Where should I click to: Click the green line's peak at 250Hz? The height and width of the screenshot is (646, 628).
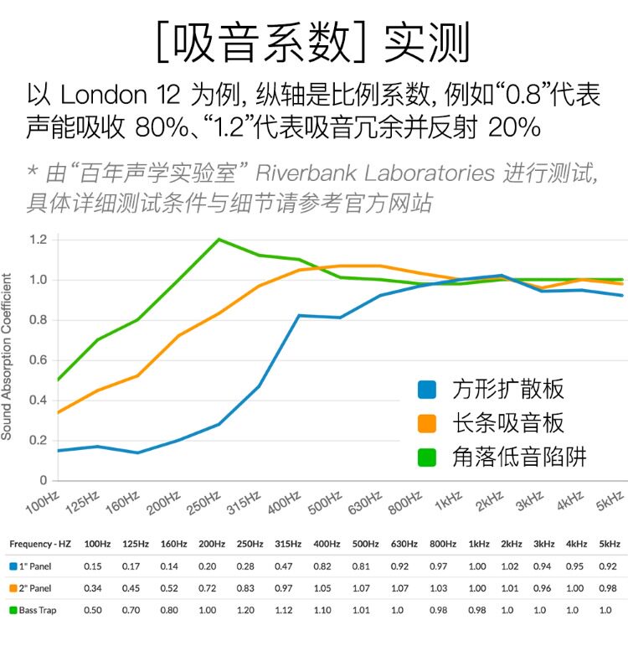tap(219, 240)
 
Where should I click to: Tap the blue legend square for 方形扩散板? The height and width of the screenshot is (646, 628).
tap(427, 389)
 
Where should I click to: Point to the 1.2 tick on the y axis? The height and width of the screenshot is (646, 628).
tap(38, 240)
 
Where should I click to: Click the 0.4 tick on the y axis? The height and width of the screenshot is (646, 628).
tap(38, 401)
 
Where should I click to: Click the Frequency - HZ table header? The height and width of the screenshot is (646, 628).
tap(40, 544)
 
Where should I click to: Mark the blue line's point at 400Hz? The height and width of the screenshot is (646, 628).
tap(299, 316)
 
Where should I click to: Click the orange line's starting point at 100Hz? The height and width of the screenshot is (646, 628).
tap(57, 412)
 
